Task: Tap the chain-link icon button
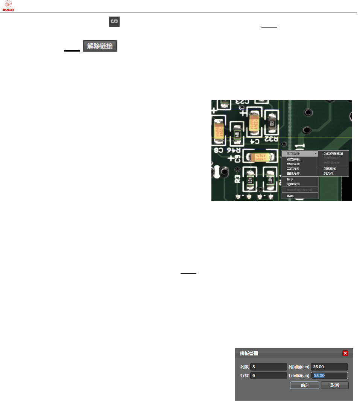114,22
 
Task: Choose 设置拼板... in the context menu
295,159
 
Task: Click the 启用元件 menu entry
293,164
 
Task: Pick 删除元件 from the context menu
293,174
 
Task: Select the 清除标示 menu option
293,184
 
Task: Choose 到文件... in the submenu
330,174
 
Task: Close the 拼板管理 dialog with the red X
345,353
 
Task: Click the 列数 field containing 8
268,367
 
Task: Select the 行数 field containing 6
268,375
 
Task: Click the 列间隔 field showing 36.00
329,367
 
